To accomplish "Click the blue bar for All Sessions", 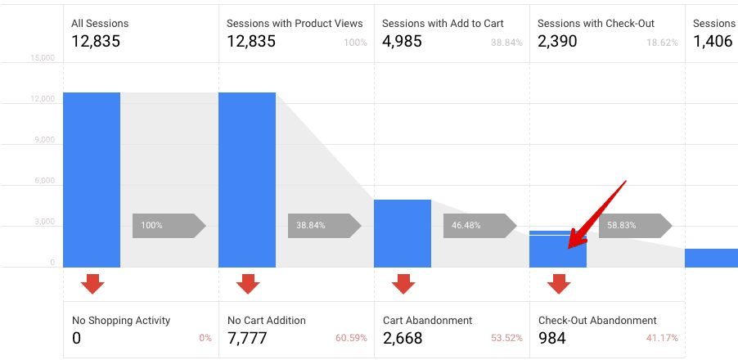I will pyautogui.click(x=92, y=179).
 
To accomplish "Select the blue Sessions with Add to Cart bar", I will pyautogui.click(x=402, y=233).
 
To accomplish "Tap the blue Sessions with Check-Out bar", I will pyautogui.click(x=557, y=250).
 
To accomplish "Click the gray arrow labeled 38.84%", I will pyautogui.click(x=324, y=225).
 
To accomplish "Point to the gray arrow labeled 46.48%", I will pyautogui.click(x=479, y=225).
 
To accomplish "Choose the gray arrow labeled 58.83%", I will pyautogui.click(x=635, y=225).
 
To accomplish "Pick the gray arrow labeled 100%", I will pyautogui.click(x=169, y=225).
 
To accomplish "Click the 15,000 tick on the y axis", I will pyautogui.click(x=42, y=58).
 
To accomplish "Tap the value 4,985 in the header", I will pyautogui.click(x=403, y=41).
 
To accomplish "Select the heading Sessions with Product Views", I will pyautogui.click(x=283, y=24).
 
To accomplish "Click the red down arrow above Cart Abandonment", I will pyautogui.click(x=403, y=283).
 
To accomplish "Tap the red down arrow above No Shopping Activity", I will pyautogui.click(x=92, y=283).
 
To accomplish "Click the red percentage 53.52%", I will pyautogui.click(x=506, y=338).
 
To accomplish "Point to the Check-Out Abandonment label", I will pyautogui.click(x=597, y=321).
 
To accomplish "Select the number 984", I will pyautogui.click(x=552, y=337).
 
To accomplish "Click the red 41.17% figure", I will pyautogui.click(x=662, y=338).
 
